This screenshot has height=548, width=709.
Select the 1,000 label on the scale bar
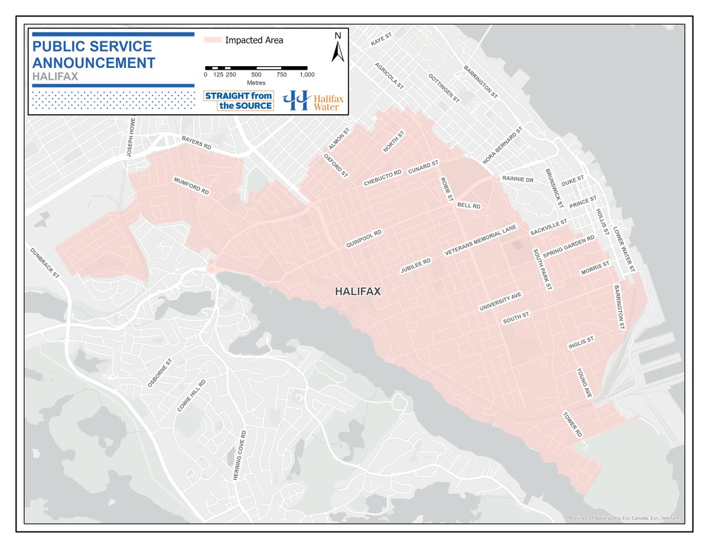click(307, 74)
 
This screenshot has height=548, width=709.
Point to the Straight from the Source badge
click(238, 100)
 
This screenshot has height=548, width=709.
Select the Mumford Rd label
click(191, 186)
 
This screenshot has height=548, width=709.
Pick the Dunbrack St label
click(45, 262)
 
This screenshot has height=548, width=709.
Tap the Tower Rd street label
click(573, 424)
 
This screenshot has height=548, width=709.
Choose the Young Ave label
click(584, 382)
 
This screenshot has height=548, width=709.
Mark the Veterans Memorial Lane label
click(481, 239)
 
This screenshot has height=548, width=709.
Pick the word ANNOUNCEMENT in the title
click(94, 63)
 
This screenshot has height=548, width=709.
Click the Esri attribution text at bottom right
click(625, 518)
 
